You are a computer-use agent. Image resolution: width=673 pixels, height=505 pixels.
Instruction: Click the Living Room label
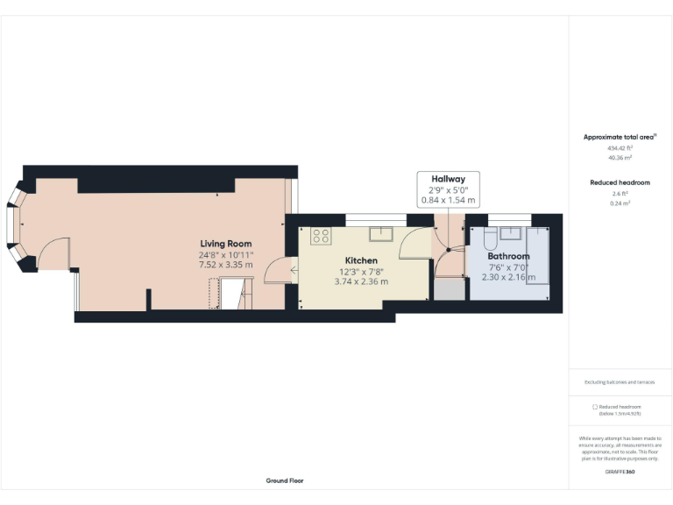tap(226, 244)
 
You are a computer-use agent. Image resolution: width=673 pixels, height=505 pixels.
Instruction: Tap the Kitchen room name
tap(361, 260)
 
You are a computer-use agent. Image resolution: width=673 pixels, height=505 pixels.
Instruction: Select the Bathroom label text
tap(508, 257)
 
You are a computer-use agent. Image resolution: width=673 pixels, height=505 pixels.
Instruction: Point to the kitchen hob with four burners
tap(322, 235)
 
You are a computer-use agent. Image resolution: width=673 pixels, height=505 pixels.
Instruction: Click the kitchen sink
tap(381, 233)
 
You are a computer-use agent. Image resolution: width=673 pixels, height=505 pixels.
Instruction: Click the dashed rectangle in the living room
tap(212, 294)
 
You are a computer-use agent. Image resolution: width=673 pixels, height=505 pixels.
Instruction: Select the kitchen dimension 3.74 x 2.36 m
tap(361, 281)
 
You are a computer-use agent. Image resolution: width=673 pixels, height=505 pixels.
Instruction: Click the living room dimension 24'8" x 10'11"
tap(226, 254)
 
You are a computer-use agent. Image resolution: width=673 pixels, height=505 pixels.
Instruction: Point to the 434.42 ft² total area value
tap(620, 148)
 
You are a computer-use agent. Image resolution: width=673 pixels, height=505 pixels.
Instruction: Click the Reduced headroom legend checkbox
tap(595, 407)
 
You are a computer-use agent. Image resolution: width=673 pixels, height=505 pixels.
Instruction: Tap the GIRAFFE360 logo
tap(620, 472)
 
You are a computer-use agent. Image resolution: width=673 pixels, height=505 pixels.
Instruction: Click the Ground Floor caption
tap(285, 480)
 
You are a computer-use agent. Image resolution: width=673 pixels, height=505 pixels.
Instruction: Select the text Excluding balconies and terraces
tap(620, 382)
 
